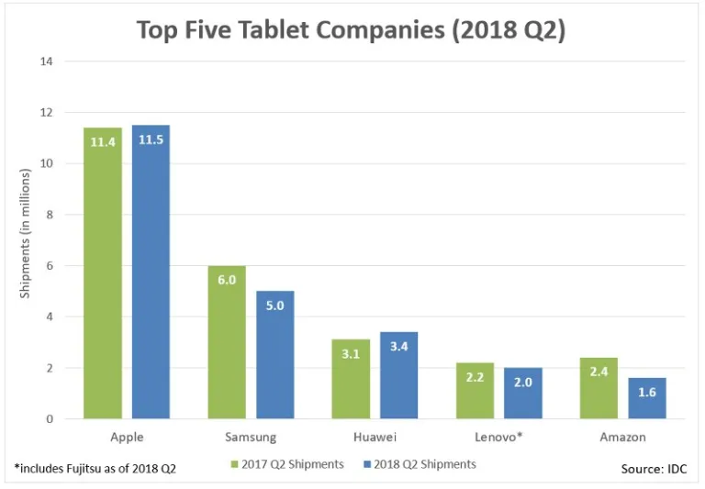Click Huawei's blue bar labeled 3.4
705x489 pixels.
tap(398, 375)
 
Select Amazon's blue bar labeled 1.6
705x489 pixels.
tap(647, 398)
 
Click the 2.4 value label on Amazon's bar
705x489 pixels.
tap(599, 373)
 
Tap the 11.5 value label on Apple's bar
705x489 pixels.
tap(151, 141)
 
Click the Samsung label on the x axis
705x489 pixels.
tap(251, 438)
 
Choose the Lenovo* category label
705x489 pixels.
tap(498, 438)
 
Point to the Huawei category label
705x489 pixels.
tap(375, 438)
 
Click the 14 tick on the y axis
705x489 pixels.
tap(47, 61)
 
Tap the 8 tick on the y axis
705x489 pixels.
tap(50, 215)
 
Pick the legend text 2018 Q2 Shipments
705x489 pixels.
tap(424, 464)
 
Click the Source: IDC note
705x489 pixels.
tap(653, 469)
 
